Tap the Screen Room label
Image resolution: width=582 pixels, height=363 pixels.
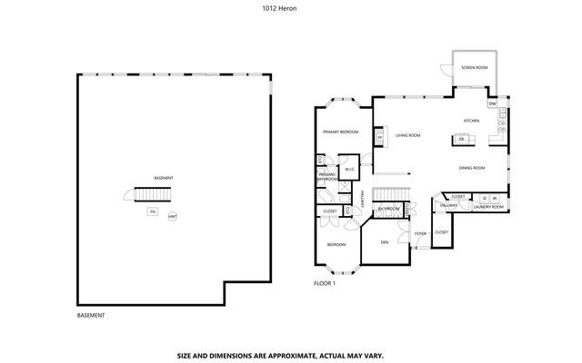point(474,68)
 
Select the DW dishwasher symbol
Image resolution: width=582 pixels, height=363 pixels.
point(492,104)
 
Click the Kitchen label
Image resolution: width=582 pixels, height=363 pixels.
point(471,121)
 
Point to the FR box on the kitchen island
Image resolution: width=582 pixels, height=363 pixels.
point(461,139)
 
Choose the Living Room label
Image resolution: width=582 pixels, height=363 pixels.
point(407,135)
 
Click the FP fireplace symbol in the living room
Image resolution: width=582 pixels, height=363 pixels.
point(379,138)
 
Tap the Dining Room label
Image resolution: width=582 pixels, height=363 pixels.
point(471,168)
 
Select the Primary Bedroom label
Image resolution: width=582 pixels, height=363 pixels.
point(340,132)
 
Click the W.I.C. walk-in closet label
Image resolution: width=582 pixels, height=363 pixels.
point(349,169)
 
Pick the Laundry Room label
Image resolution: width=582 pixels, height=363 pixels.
point(488,207)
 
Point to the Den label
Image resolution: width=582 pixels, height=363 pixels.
point(384,241)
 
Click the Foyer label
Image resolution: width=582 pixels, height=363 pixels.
point(420,233)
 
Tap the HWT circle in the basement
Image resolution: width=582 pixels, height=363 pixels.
point(172,216)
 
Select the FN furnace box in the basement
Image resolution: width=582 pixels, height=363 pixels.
point(152,212)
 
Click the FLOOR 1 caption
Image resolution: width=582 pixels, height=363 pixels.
point(325,283)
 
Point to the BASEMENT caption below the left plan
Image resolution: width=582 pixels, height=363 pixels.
point(91,315)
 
